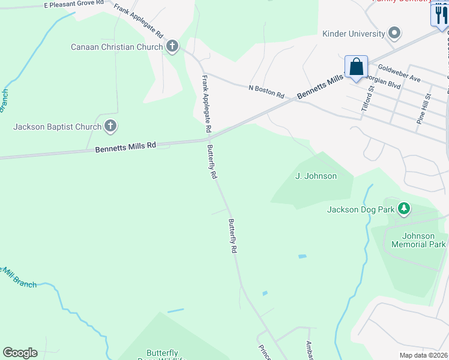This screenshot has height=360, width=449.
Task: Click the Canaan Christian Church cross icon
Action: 172,46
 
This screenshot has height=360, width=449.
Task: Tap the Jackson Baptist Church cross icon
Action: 110,126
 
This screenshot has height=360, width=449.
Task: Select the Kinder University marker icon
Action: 394,34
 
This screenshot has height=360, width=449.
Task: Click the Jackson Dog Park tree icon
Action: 405,209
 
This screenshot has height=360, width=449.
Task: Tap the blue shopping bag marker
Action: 356,67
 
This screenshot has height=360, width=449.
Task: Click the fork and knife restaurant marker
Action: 441,16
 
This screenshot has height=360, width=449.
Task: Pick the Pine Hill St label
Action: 424,109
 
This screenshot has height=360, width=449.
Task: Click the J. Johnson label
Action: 316,176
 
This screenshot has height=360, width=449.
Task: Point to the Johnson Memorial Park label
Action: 418,240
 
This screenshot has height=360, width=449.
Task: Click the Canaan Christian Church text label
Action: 116,47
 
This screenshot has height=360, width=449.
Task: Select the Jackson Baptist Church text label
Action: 57,127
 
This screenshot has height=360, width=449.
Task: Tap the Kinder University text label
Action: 354,34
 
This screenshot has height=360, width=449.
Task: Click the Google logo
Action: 20,353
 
